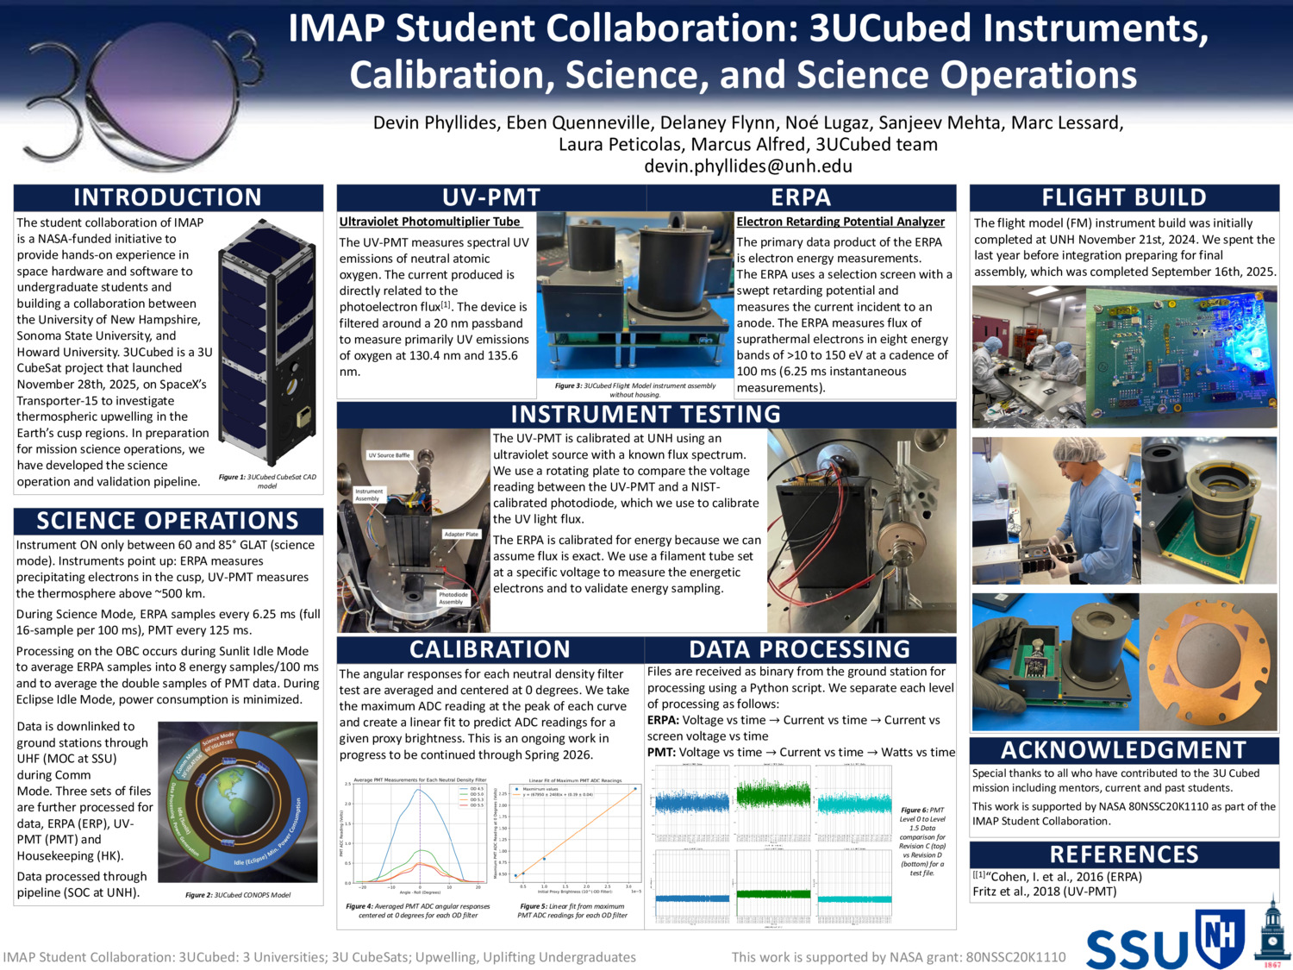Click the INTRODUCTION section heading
[167, 197]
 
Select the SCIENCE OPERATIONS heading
[167, 521]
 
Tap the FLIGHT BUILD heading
[1124, 197]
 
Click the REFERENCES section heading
[1124, 854]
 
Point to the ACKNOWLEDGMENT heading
[1124, 750]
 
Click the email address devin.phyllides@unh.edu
[747, 166]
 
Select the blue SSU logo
[1137, 948]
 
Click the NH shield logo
[1220, 937]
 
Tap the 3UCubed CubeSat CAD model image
[266, 341]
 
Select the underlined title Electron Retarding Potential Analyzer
[840, 222]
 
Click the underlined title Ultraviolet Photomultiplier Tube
[429, 222]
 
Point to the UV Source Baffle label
[390, 455]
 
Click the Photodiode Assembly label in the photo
[453, 598]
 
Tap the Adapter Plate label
[461, 535]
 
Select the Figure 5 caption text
[572, 911]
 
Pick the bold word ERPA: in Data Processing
[664, 720]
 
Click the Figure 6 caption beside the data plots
[922, 842]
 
